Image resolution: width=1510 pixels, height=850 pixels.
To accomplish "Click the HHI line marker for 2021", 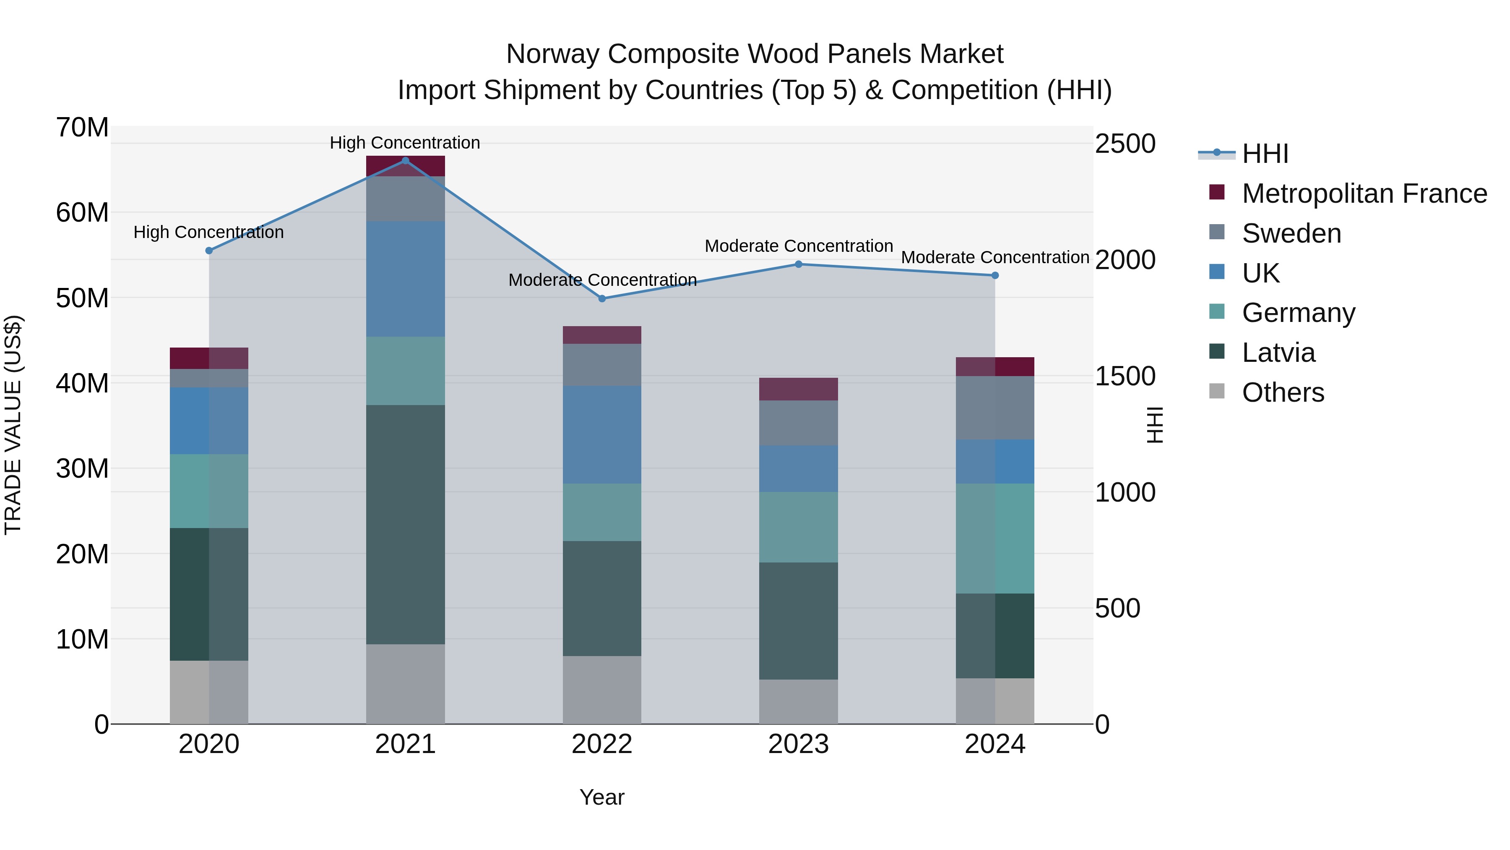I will pos(405,161).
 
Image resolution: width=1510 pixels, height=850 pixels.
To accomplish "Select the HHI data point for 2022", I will pos(602,298).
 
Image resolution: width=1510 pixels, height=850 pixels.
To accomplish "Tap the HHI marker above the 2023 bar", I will pos(798,264).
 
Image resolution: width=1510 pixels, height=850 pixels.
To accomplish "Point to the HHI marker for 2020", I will pos(209,251).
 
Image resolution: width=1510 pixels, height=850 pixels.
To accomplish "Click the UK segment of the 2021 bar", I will pos(405,279).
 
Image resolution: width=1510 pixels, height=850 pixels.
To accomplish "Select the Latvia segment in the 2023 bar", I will pos(798,621).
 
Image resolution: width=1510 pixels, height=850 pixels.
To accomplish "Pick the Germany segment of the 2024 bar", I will pos(995,539).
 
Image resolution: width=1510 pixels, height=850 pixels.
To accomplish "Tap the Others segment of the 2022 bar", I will pos(602,690).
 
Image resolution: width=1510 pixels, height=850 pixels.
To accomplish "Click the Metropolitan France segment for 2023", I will pos(798,389).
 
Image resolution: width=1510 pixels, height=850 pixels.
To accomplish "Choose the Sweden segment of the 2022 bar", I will pos(602,365).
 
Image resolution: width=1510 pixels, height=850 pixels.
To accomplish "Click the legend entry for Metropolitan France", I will pos(1364,194).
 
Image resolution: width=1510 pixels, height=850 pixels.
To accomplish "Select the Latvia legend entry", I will pos(1278,353).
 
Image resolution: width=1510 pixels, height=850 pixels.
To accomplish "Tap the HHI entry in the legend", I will pos(1265,154).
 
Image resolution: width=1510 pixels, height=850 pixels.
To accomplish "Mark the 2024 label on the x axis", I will pos(995,744).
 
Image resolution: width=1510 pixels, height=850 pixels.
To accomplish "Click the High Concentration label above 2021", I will pos(405,143).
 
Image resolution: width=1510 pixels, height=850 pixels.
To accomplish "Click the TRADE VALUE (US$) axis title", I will pos(13,425).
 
